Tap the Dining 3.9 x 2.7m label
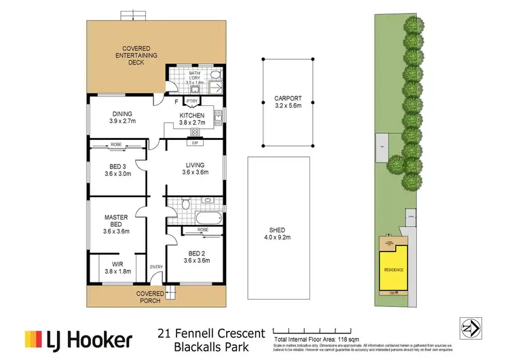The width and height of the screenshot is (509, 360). [122, 118]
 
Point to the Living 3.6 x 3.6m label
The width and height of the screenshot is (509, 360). [195, 169]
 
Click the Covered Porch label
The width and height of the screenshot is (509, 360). [150, 296]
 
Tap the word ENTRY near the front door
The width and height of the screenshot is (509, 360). [156, 266]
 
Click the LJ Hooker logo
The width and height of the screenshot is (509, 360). [71, 338]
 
